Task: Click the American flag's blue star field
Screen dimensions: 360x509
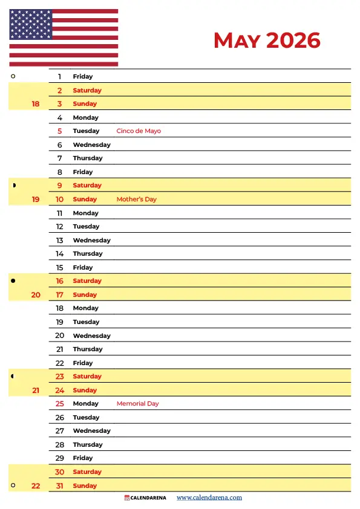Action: [30, 25]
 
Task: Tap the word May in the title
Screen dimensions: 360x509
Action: [237, 41]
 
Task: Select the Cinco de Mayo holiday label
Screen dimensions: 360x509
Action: [139, 131]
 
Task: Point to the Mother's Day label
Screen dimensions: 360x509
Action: [136, 199]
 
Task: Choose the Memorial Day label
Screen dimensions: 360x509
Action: [137, 404]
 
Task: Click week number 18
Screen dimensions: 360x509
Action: [36, 104]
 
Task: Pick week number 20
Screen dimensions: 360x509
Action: [36, 295]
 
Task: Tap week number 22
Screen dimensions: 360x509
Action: [36, 486]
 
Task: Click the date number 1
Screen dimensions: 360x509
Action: [59, 77]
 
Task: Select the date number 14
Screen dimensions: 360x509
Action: [59, 254]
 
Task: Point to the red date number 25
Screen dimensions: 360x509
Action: [59, 404]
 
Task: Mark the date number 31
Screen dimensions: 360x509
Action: [59, 486]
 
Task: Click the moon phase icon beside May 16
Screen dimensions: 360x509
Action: [13, 281]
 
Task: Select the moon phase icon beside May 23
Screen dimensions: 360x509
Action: [13, 377]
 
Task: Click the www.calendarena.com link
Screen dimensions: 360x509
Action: [209, 498]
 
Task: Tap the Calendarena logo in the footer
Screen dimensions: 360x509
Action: [145, 498]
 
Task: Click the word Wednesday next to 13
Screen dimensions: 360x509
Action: [91, 241]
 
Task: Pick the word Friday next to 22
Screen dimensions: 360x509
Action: [83, 363]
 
